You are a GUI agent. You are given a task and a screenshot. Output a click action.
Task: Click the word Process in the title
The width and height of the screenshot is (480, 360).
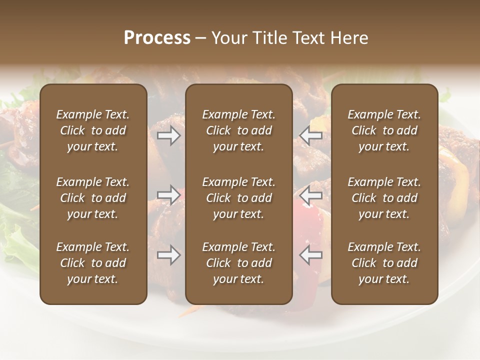(x=157, y=38)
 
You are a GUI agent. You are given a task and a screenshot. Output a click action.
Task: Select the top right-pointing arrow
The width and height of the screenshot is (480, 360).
(x=168, y=135)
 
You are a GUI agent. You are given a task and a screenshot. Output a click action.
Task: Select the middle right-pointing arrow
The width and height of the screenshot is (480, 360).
(x=168, y=195)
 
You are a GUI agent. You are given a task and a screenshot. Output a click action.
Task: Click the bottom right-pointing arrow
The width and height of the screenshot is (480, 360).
(x=168, y=255)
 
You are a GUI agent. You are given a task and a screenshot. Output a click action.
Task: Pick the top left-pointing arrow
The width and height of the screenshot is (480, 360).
(x=311, y=135)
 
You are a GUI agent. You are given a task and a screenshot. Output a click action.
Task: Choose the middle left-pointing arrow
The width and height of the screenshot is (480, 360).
(x=311, y=195)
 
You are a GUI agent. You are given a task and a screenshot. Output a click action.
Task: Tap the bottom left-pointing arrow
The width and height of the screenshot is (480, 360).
(x=311, y=255)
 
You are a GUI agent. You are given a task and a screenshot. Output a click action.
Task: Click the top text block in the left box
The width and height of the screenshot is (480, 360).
(x=93, y=130)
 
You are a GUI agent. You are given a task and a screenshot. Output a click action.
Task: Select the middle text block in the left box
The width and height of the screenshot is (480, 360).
(x=93, y=198)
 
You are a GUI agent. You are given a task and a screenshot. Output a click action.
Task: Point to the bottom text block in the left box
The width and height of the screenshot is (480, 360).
(x=93, y=263)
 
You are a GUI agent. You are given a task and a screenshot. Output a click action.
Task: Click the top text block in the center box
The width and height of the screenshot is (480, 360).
(x=238, y=130)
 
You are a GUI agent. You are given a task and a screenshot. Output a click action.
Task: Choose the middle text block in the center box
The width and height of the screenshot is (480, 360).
(x=238, y=198)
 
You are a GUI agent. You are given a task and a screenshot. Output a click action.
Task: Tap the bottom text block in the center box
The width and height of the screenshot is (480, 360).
(x=238, y=263)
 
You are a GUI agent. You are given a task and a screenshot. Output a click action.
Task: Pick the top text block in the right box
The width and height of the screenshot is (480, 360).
(x=384, y=130)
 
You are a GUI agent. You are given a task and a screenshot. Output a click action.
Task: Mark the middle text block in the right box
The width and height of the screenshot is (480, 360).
(x=384, y=198)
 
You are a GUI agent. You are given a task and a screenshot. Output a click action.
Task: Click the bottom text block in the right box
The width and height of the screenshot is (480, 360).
(x=384, y=263)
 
